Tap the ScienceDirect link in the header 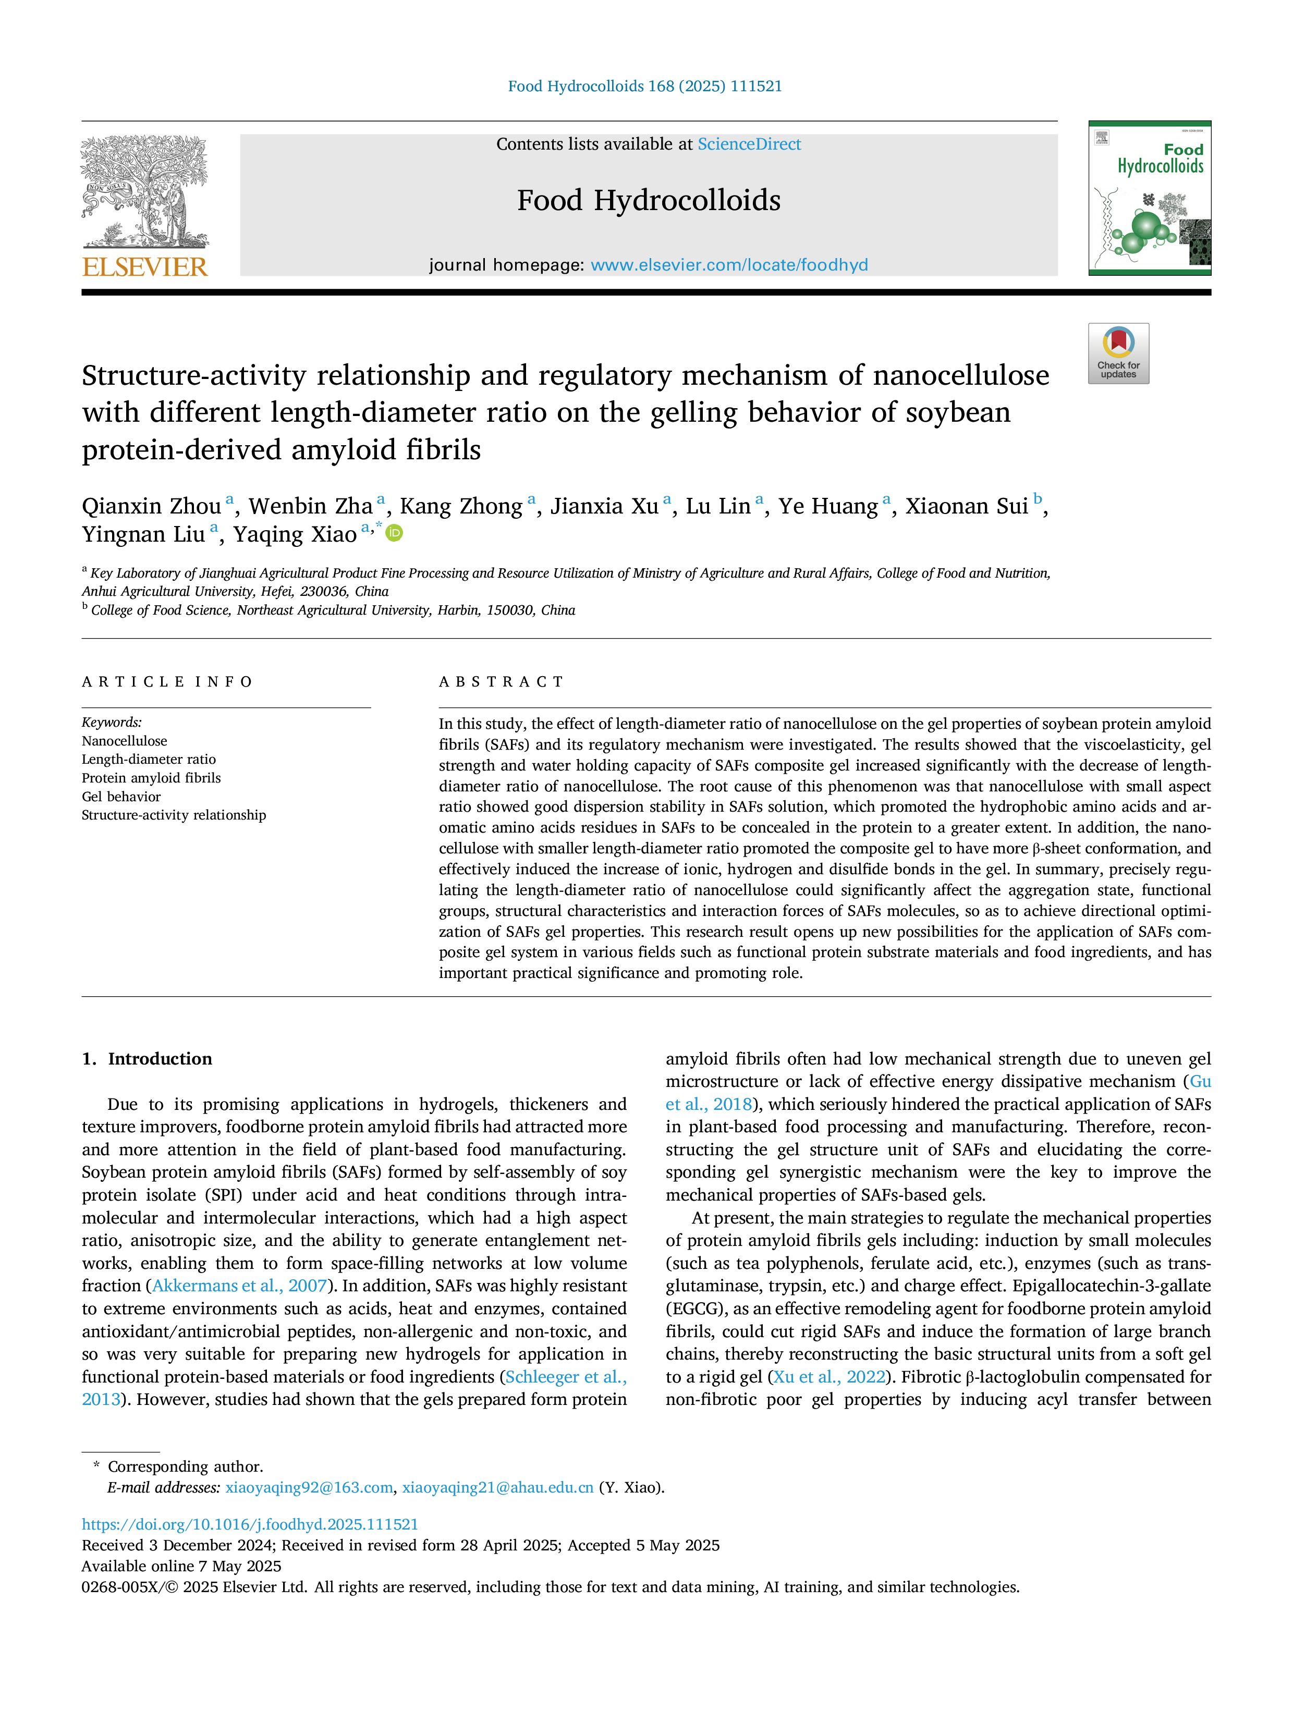[749, 144]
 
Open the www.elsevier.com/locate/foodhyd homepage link [729, 265]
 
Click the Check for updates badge [1118, 353]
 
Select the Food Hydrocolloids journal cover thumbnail [1150, 198]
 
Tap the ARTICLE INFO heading [167, 682]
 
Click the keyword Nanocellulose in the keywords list [125, 740]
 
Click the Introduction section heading [160, 1058]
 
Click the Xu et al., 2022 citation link [830, 1377]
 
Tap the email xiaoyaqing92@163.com [309, 1487]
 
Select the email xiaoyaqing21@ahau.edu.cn [498, 1487]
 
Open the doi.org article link [250, 1524]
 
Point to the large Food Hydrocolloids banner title [649, 200]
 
